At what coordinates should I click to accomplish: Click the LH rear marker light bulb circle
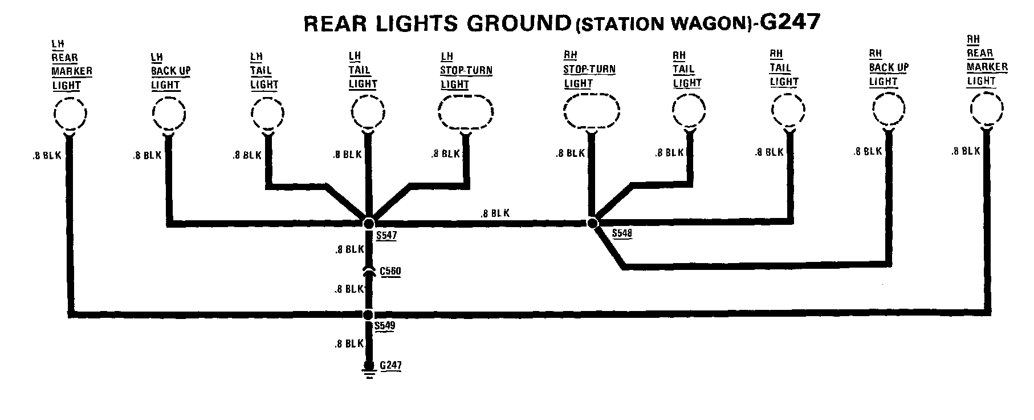70,114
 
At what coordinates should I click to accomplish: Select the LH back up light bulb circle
169,112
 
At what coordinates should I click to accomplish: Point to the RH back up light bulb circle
888,109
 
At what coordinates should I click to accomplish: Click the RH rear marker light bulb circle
987,108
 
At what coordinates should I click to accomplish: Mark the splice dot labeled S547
369,223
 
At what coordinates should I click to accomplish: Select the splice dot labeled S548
592,223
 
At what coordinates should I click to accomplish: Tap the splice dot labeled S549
368,314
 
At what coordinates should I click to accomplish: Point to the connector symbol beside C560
369,272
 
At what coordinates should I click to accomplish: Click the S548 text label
621,233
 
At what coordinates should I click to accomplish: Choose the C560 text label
390,272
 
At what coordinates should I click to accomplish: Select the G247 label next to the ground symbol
390,365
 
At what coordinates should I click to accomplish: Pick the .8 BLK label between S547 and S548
495,213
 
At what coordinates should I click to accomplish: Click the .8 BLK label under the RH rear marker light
966,151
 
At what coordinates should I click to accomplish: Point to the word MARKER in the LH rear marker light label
72,71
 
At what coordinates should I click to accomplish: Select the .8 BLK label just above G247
349,344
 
